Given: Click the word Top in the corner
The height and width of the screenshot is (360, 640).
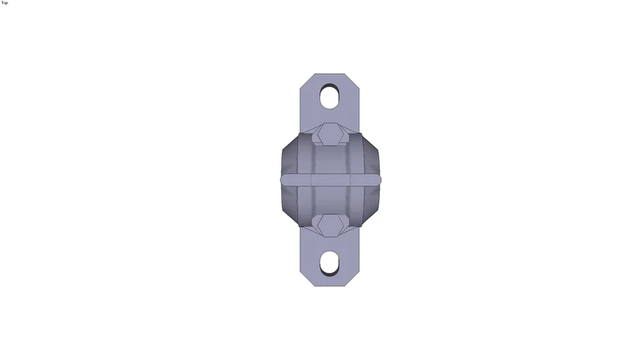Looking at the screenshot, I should coord(5,3).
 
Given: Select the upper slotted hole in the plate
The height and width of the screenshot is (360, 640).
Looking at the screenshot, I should coord(329,96).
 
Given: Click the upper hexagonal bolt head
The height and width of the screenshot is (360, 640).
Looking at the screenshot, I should coord(328,133).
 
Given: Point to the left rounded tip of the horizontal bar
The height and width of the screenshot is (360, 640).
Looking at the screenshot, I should coord(283,180).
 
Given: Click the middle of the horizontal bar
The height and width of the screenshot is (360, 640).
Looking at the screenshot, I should coord(331,180).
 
